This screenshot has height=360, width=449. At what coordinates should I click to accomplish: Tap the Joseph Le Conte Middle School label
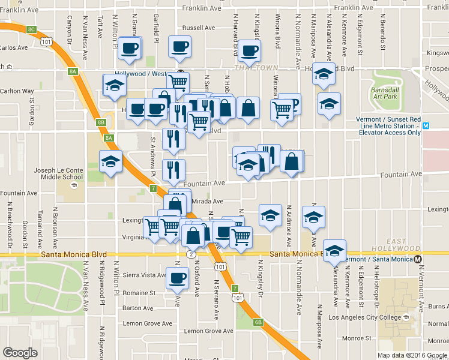(x=58, y=173)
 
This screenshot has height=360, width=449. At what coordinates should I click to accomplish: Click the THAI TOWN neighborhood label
(x=249, y=68)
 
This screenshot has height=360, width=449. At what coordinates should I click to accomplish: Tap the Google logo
(x=20, y=353)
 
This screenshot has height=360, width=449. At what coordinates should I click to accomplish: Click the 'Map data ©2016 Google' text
(x=412, y=355)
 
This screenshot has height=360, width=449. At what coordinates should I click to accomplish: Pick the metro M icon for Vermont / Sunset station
(x=426, y=126)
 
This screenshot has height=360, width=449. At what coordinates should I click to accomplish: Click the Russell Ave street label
(x=198, y=28)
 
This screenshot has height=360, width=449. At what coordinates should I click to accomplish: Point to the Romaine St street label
(x=140, y=293)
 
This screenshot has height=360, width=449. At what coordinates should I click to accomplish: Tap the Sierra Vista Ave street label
(x=143, y=274)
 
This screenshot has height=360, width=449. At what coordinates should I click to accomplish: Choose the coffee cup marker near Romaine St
(x=178, y=278)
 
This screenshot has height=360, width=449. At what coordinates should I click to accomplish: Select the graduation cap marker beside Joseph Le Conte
(x=111, y=162)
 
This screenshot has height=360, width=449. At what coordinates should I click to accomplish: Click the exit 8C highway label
(x=32, y=28)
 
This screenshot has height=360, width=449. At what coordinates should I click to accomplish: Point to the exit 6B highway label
(x=258, y=322)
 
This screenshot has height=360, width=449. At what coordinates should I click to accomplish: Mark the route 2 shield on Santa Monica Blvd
(x=190, y=254)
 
